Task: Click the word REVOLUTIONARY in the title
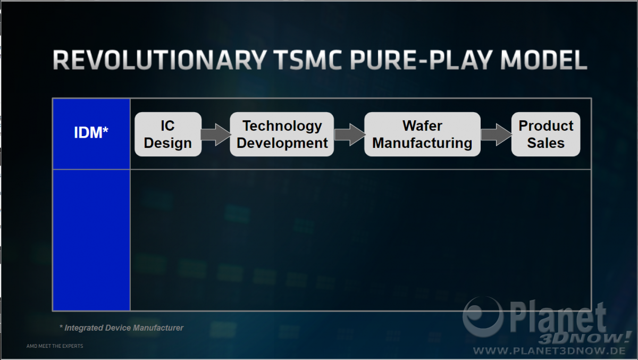[x=159, y=60]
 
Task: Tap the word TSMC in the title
[x=309, y=60]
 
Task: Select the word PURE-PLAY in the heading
[x=421, y=60]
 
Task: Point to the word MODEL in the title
[x=544, y=60]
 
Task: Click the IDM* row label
[x=91, y=132]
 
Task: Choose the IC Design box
[x=168, y=134]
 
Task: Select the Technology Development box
[x=282, y=134]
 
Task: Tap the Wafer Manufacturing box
[x=422, y=134]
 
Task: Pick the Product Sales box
[x=545, y=134]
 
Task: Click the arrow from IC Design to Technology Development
[x=216, y=135]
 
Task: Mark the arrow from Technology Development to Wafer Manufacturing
[x=349, y=135]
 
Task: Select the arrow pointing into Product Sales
[x=496, y=135]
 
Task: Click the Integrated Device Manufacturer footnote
[x=121, y=328]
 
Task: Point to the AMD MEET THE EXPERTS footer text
[x=55, y=346]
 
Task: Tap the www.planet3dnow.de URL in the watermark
[x=549, y=350]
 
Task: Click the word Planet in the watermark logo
[x=558, y=318]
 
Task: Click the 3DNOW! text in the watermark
[x=584, y=338]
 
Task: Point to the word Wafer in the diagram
[x=422, y=125]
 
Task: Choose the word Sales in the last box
[x=545, y=143]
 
